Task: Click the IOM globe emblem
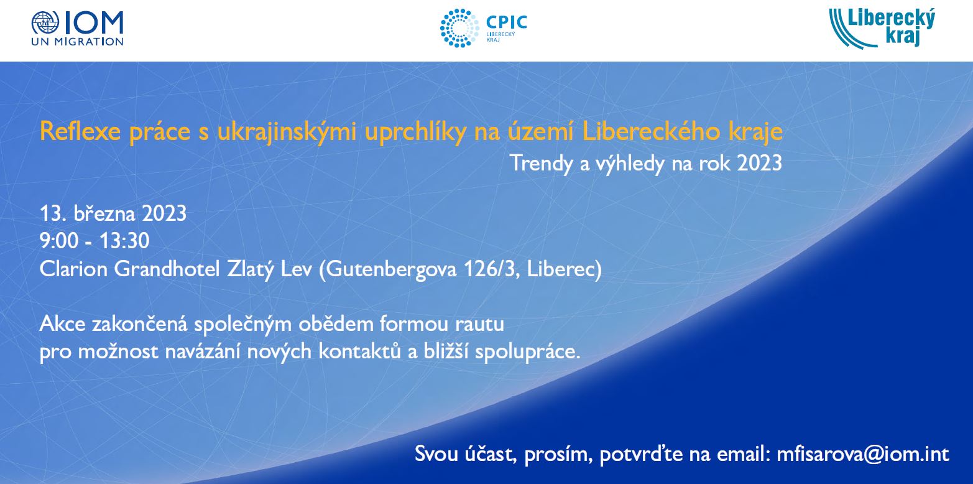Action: click(45, 23)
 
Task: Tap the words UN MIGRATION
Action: click(77, 42)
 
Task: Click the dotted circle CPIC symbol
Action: click(459, 28)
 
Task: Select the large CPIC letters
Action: click(507, 22)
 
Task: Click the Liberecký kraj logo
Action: click(882, 28)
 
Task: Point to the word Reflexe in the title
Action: click(80, 131)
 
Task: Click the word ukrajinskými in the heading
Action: click(287, 132)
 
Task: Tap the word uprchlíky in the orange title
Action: click(415, 132)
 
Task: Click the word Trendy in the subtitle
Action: click(542, 164)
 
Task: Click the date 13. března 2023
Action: click(113, 213)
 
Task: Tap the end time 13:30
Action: click(124, 241)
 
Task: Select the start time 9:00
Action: click(59, 241)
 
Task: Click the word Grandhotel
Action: click(167, 269)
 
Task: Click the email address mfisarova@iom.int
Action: click(863, 454)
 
